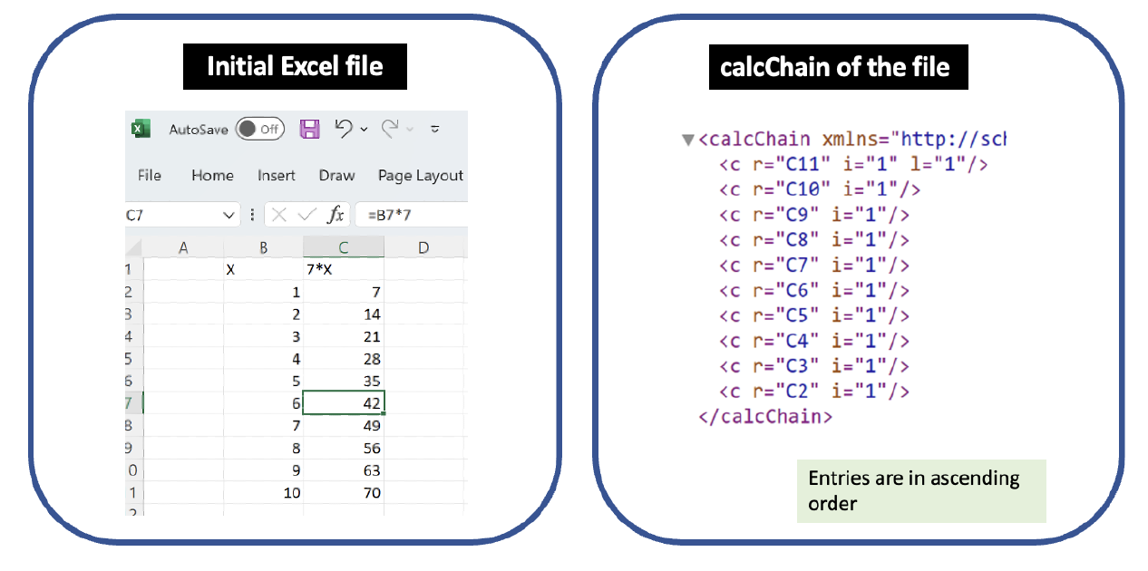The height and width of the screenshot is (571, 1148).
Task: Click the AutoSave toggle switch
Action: click(260, 129)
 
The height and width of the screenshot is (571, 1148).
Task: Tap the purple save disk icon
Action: click(309, 129)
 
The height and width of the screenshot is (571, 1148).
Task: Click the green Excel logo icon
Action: click(141, 129)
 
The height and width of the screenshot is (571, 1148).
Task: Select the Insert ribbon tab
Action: click(277, 176)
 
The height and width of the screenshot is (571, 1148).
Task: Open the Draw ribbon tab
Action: click(336, 176)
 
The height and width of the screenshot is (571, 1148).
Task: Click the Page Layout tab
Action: click(420, 176)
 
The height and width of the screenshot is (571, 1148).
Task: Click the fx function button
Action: click(336, 215)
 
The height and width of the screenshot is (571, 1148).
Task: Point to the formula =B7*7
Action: click(390, 215)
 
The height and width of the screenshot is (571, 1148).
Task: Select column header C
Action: click(344, 247)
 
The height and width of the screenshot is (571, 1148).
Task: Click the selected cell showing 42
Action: click(344, 402)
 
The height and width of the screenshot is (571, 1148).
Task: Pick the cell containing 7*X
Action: click(344, 269)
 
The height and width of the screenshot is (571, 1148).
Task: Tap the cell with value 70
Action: click(344, 493)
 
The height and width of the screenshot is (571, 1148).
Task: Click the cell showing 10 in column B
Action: click(264, 493)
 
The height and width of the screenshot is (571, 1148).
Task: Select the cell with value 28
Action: click(344, 359)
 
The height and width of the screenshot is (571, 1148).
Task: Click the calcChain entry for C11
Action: click(853, 164)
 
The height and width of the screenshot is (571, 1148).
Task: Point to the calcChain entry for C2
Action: click(814, 392)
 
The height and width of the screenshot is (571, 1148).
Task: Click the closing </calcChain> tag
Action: click(765, 417)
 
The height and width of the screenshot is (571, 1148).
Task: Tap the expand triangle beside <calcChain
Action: click(687, 140)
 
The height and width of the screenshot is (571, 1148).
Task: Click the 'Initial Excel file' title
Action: click(296, 66)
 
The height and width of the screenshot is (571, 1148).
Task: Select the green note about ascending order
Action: click(921, 491)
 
